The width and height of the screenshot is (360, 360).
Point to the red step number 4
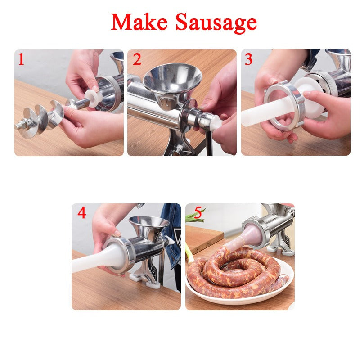coord(81,213)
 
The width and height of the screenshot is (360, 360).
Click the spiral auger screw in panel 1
coord(43,118)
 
